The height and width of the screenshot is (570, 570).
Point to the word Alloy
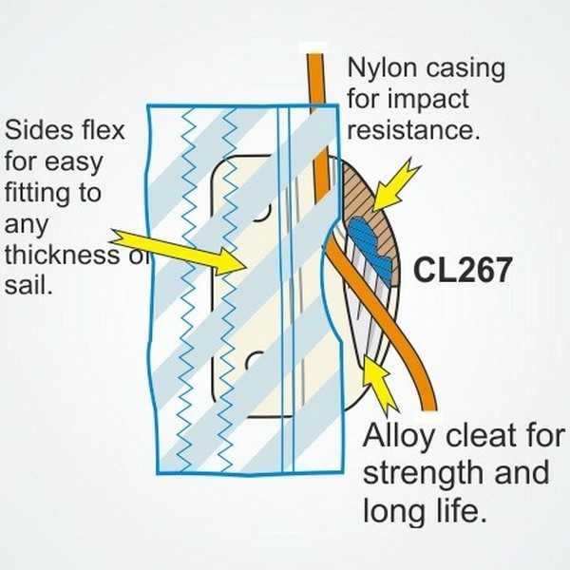pos(397,439)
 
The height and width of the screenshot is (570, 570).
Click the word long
pos(393,511)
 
